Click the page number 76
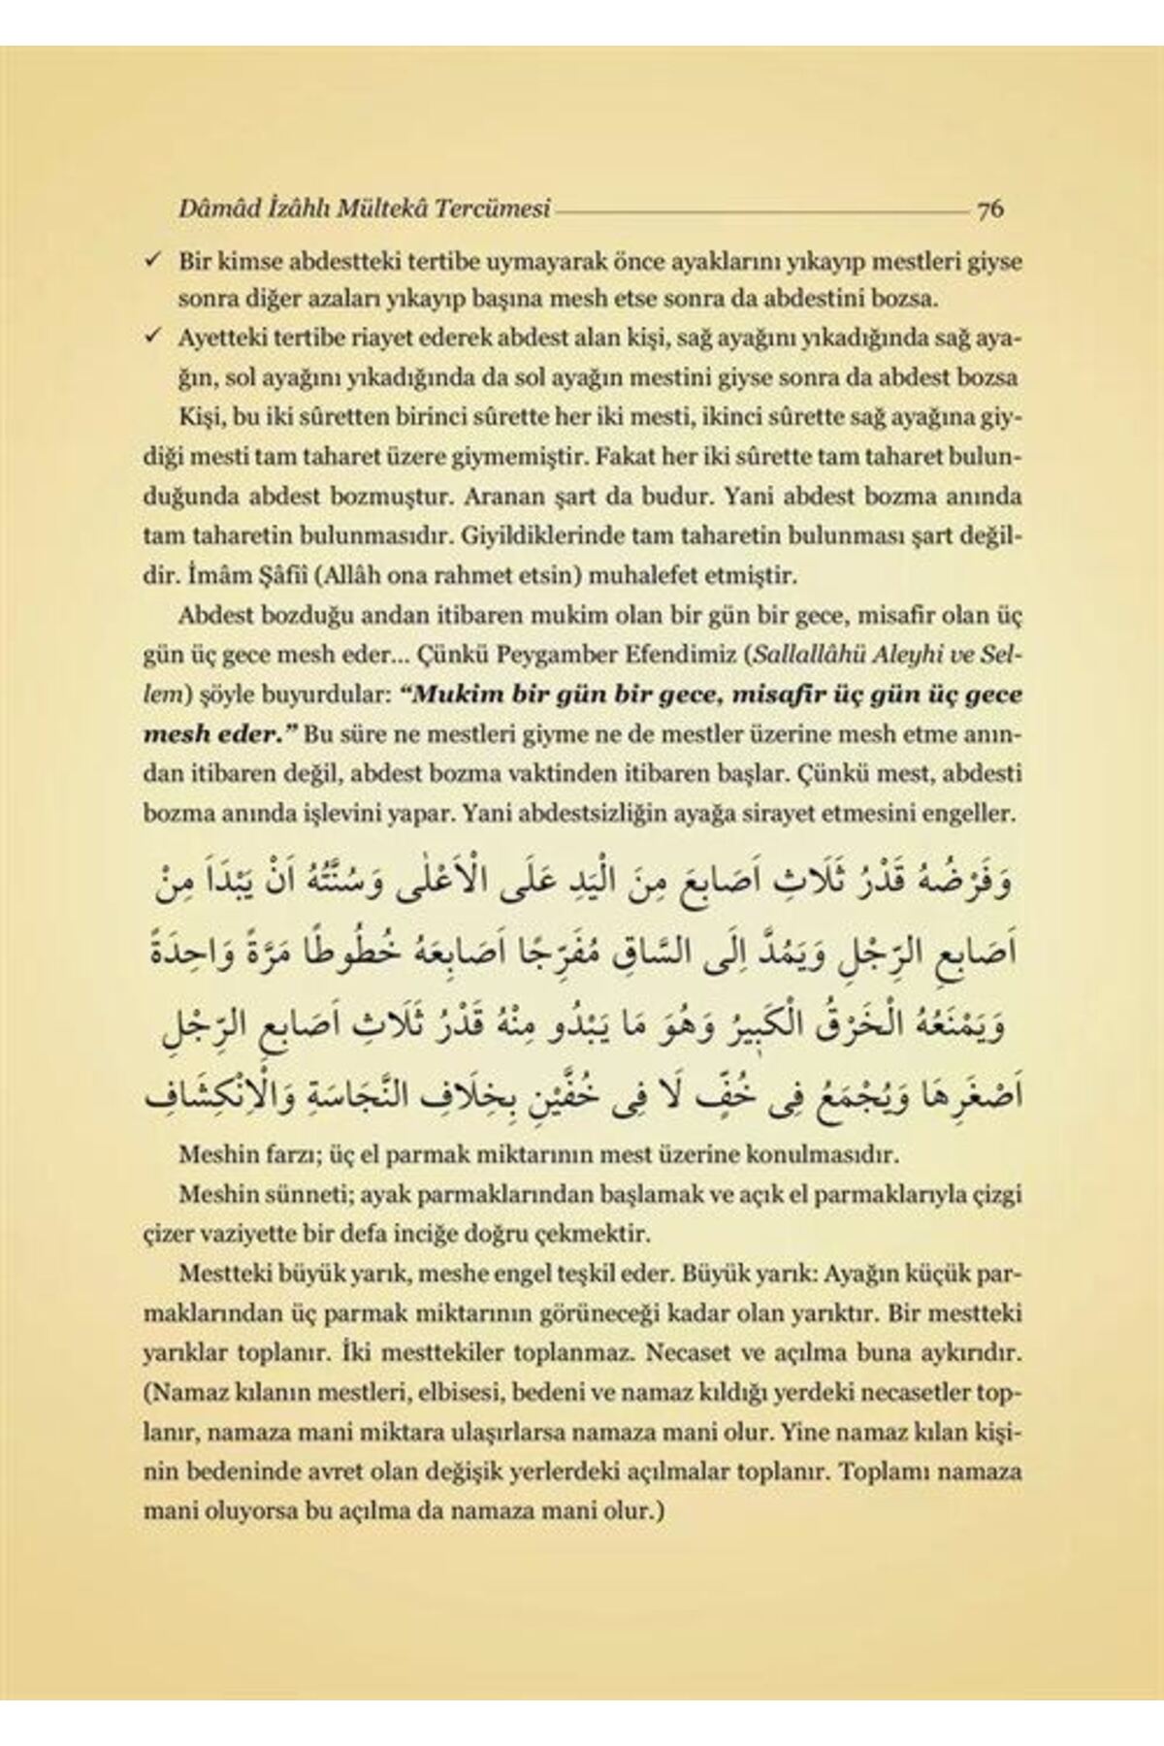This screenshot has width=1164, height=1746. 990,208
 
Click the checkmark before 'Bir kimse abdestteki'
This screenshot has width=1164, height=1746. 152,260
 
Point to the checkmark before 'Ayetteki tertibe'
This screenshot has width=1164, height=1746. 152,338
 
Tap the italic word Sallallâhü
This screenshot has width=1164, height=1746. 805,655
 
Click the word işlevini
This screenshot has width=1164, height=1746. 368,813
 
